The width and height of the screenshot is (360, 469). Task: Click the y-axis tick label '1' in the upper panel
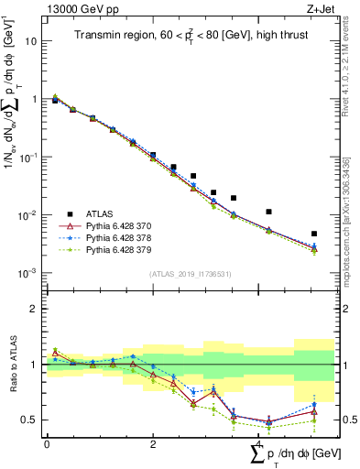tap(35, 99)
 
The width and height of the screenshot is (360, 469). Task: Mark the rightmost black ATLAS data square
tap(314, 234)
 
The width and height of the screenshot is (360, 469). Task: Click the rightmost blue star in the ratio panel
tap(314, 404)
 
